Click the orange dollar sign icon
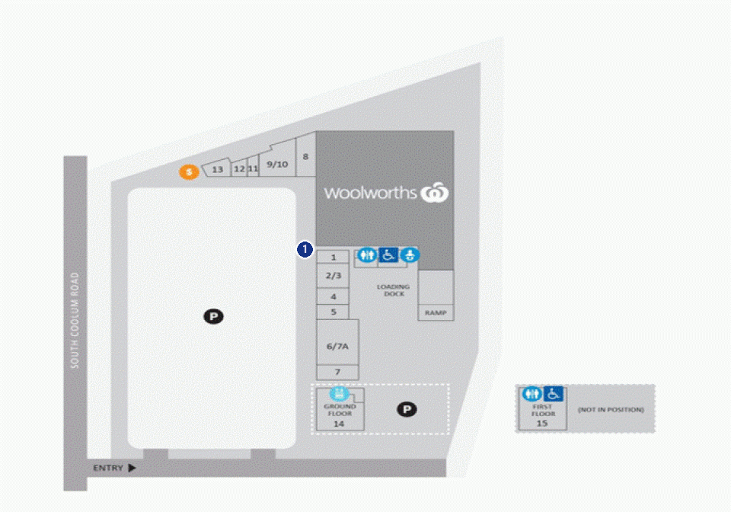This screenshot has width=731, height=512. pyautogui.click(x=190, y=172)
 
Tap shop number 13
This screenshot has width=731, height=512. pyautogui.click(x=217, y=169)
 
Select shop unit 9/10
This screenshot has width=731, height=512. pyautogui.click(x=277, y=164)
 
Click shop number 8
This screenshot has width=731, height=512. pyautogui.click(x=305, y=157)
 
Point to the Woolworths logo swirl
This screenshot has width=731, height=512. pyautogui.click(x=435, y=193)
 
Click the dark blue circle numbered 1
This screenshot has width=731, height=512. pyautogui.click(x=305, y=249)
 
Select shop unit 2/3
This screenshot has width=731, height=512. pyautogui.click(x=334, y=276)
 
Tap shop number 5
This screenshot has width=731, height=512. pyautogui.click(x=334, y=312)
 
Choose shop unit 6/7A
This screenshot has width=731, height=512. pyautogui.click(x=337, y=346)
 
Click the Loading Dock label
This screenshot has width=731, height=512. pyautogui.click(x=394, y=290)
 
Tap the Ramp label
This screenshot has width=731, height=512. pyautogui.click(x=436, y=312)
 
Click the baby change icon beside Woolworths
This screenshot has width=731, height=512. pyautogui.click(x=410, y=254)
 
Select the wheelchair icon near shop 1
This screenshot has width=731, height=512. pyautogui.click(x=388, y=254)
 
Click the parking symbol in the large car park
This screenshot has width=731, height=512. pyautogui.click(x=213, y=317)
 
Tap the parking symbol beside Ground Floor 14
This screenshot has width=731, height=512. pyautogui.click(x=407, y=409)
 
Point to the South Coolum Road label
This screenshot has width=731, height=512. pyautogui.click(x=75, y=320)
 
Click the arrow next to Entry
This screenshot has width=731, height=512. pyautogui.click(x=132, y=468)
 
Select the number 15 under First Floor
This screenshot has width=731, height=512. pyautogui.click(x=541, y=424)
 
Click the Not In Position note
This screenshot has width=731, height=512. pyautogui.click(x=611, y=409)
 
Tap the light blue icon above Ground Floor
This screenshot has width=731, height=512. pyautogui.click(x=340, y=393)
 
